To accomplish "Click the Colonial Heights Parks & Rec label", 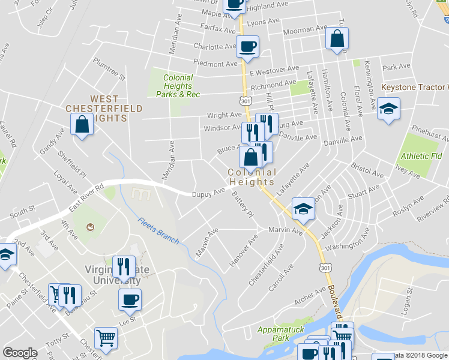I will (175, 86).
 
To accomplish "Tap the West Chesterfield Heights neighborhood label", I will (104, 109).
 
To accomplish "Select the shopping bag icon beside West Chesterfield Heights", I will (81, 125).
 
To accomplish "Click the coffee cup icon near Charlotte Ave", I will (247, 46).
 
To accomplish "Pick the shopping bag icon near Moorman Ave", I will (337, 38).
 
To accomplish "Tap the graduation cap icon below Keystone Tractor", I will (389, 110).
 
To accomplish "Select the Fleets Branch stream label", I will (158, 230).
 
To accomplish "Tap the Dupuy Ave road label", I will (208, 193).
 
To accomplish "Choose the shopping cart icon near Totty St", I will (106, 338).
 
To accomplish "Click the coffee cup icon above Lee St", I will (129, 299).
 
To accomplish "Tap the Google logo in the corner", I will (20, 353).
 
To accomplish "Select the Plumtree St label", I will (109, 69).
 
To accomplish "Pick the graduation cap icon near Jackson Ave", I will (303, 208).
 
